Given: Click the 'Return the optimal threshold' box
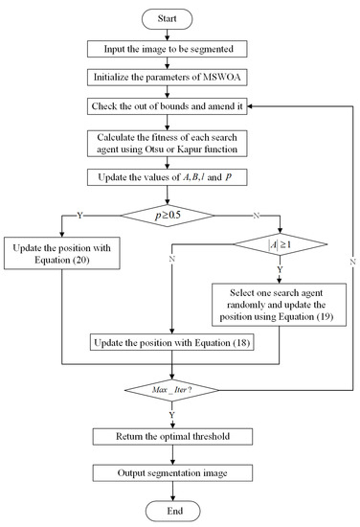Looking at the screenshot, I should pyautogui.click(x=173, y=437).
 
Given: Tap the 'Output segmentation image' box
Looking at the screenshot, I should pyautogui.click(x=173, y=472).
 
